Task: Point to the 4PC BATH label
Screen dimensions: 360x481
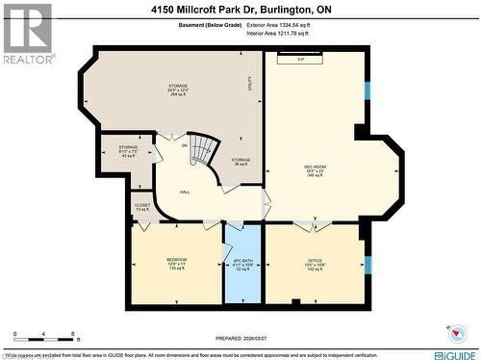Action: point(242,263)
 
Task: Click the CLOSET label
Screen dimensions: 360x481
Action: point(141,206)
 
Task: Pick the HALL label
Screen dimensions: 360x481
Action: point(185,192)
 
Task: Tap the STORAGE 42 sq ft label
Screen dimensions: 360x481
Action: point(129,151)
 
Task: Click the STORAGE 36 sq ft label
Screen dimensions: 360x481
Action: point(240,162)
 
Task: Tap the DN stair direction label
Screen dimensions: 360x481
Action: point(185,145)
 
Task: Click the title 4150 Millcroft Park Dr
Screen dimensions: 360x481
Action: point(240,10)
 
